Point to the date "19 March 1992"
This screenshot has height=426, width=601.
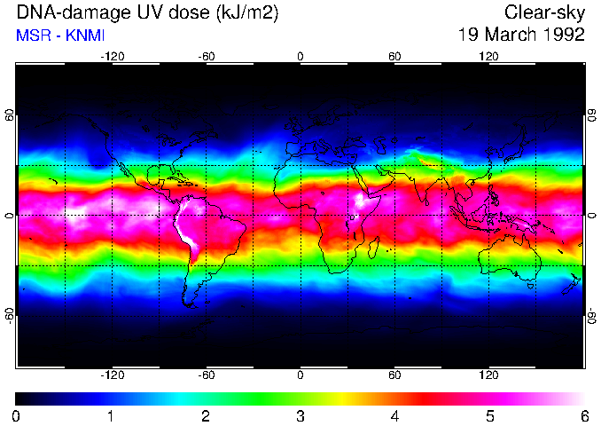(521, 35)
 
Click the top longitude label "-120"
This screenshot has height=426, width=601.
(112, 56)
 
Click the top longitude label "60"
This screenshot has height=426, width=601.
(394, 56)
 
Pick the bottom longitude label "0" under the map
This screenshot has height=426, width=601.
(300, 375)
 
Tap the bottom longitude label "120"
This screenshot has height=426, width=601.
(488, 375)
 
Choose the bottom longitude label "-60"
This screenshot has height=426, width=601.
(207, 375)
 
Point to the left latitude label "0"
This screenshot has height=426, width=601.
(10, 216)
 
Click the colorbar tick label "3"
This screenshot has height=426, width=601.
(300, 415)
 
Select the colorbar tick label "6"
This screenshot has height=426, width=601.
(583, 415)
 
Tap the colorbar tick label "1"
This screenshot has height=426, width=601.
(111, 415)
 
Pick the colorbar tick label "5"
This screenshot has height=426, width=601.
(489, 415)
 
